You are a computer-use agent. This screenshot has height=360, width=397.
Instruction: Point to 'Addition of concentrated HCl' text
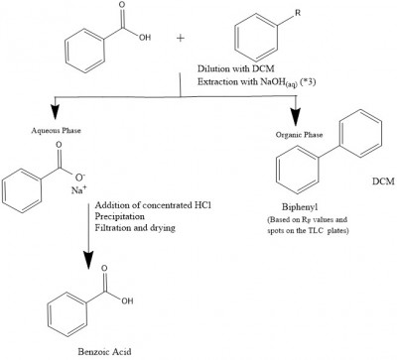[x=155, y=203]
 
